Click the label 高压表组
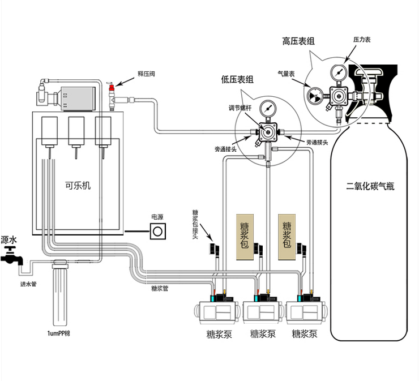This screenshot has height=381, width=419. click(298, 41)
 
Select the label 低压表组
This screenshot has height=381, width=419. click(237, 80)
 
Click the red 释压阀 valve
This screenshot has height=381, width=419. click(112, 88)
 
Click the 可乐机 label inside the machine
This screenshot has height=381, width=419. click(78, 185)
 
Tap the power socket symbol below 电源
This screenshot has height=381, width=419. click(158, 231)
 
